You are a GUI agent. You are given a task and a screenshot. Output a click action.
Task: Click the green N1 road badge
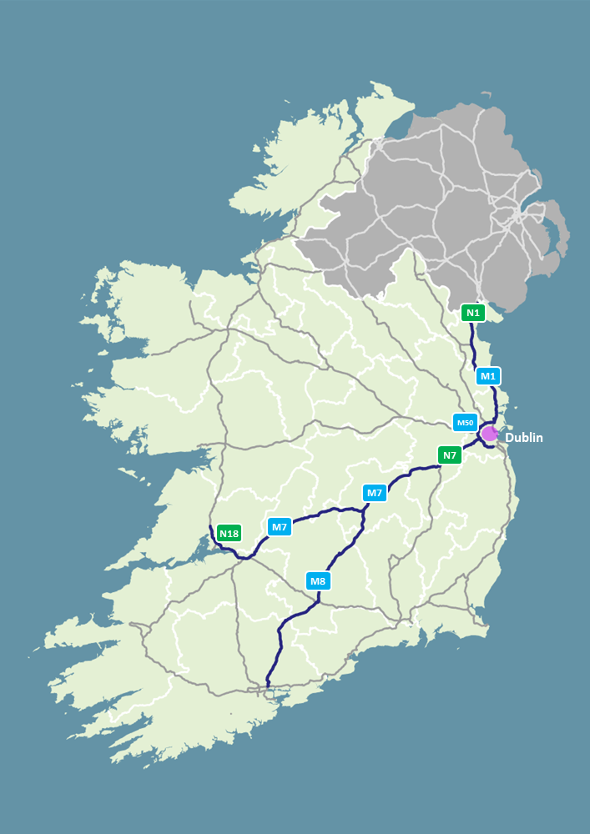473,314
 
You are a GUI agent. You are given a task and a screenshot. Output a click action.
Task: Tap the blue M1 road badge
488,376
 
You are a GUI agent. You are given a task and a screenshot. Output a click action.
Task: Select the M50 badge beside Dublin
465,423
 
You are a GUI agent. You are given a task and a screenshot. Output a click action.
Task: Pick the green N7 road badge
450,455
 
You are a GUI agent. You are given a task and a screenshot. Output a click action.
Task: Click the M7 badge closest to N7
375,493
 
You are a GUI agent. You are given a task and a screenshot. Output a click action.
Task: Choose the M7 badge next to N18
279,527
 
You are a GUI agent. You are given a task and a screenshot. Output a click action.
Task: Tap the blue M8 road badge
318,580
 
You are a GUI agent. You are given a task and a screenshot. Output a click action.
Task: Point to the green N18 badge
229,533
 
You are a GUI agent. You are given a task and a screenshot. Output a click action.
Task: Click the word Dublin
524,437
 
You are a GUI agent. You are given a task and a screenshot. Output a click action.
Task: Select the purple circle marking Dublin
489,434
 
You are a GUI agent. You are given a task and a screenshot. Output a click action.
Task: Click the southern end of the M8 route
267,686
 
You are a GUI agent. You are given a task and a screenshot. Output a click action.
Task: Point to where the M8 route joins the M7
366,510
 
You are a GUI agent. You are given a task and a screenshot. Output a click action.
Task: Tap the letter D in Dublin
510,437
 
